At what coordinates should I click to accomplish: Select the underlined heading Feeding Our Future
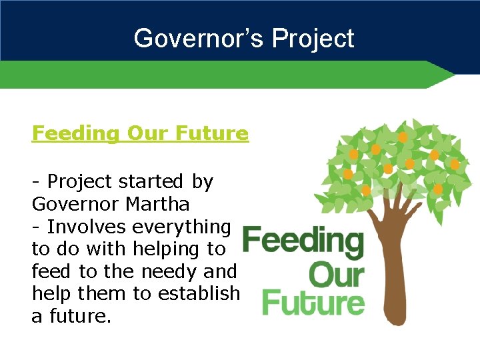140,133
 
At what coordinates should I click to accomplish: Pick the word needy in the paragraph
171,272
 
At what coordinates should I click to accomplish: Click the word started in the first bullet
150,181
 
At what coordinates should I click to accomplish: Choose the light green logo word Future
313,302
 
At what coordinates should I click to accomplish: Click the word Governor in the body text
75,203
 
